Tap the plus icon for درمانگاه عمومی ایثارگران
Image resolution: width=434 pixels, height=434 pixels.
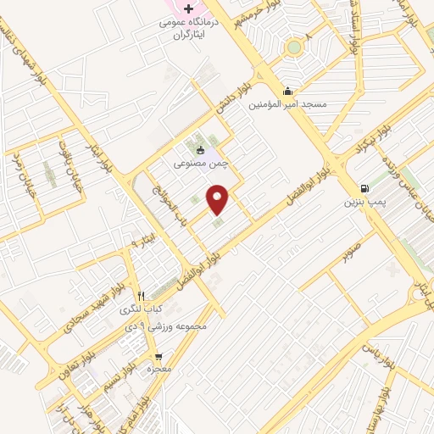point(189,8)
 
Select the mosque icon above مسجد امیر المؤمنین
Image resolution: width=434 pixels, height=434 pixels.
point(287,92)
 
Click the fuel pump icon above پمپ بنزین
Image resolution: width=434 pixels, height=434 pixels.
point(364,188)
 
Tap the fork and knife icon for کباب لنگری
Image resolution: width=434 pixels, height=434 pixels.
point(142,296)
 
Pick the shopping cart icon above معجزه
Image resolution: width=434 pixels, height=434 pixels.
point(158,357)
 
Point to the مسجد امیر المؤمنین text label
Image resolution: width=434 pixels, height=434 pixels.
point(287,105)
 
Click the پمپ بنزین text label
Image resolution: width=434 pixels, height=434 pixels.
point(365,203)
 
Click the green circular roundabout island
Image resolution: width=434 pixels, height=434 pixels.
point(294,47)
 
